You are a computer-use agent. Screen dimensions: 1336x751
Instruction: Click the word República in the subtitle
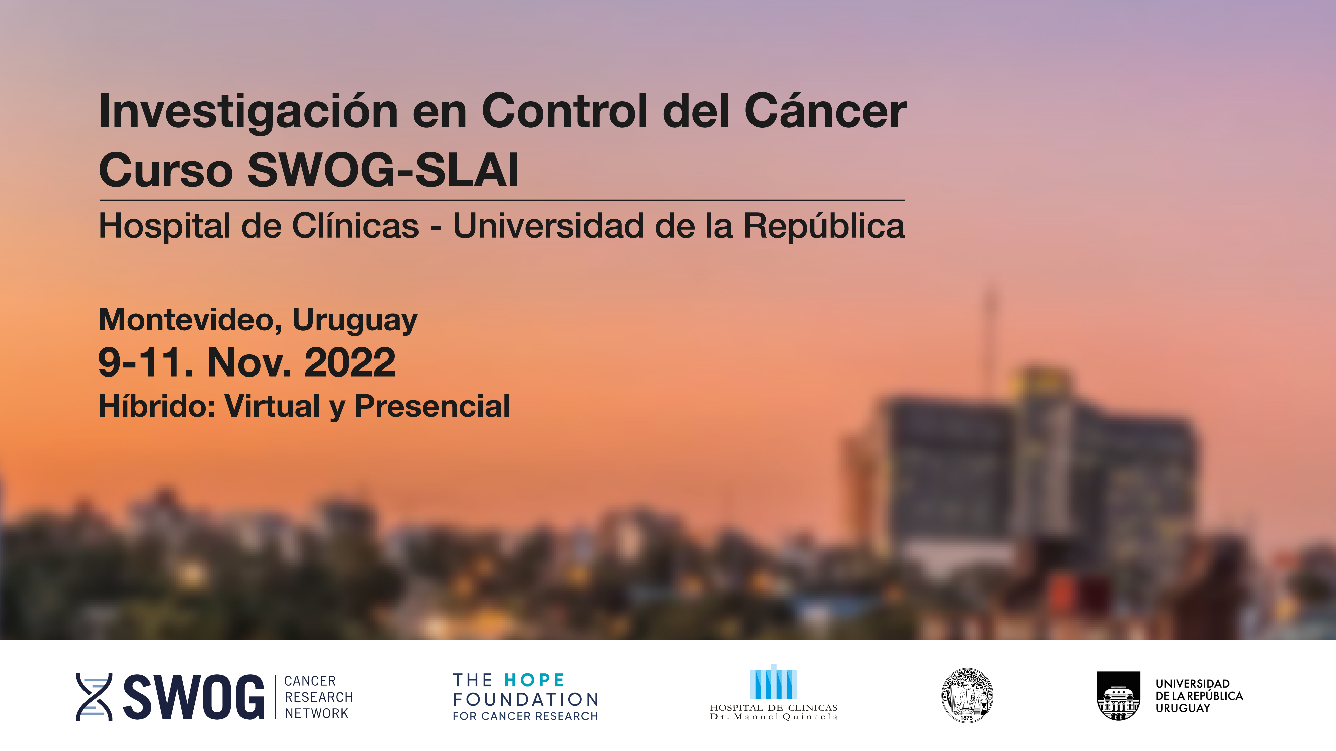pos(825,227)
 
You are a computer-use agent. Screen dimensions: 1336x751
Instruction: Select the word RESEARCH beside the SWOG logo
pos(318,697)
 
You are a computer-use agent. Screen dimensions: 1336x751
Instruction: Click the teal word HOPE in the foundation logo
pos(534,680)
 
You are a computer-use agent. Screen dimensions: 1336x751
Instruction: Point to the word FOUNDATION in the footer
pos(525,699)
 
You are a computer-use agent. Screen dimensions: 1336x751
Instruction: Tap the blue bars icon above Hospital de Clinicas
pos(773,682)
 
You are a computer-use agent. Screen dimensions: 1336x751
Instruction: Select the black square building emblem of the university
pos(1118,696)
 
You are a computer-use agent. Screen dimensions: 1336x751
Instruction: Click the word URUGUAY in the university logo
pos(1182,708)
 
